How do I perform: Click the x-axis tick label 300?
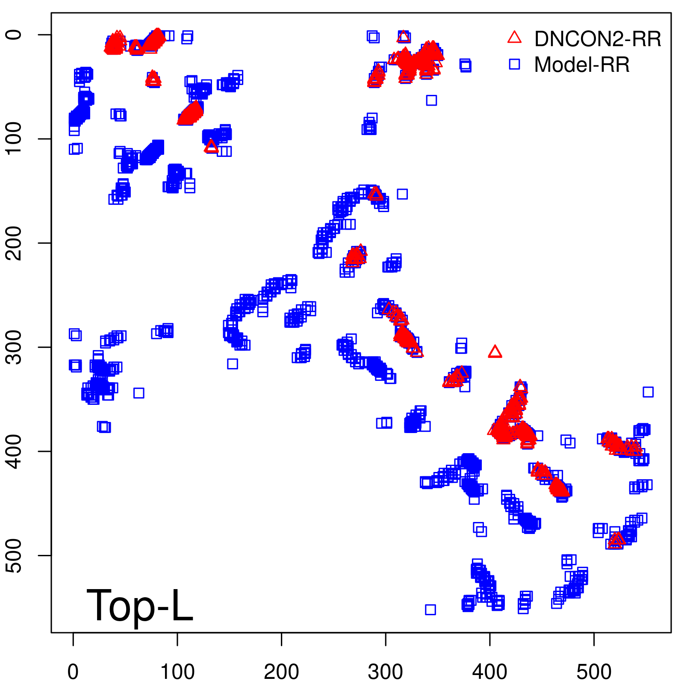385,672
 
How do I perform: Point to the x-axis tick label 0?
73,672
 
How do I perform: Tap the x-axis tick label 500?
594,672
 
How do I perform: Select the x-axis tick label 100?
177,672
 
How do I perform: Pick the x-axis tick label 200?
281,672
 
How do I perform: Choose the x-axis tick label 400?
489,672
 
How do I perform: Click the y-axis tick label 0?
15,35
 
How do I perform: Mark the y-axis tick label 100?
15,139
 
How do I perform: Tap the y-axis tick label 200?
15,243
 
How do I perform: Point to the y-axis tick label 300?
15,347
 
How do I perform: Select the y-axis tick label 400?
15,451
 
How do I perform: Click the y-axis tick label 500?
15,555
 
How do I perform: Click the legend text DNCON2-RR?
598,39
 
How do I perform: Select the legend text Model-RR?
582,65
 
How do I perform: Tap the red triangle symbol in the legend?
514,38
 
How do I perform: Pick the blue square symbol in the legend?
514,64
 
